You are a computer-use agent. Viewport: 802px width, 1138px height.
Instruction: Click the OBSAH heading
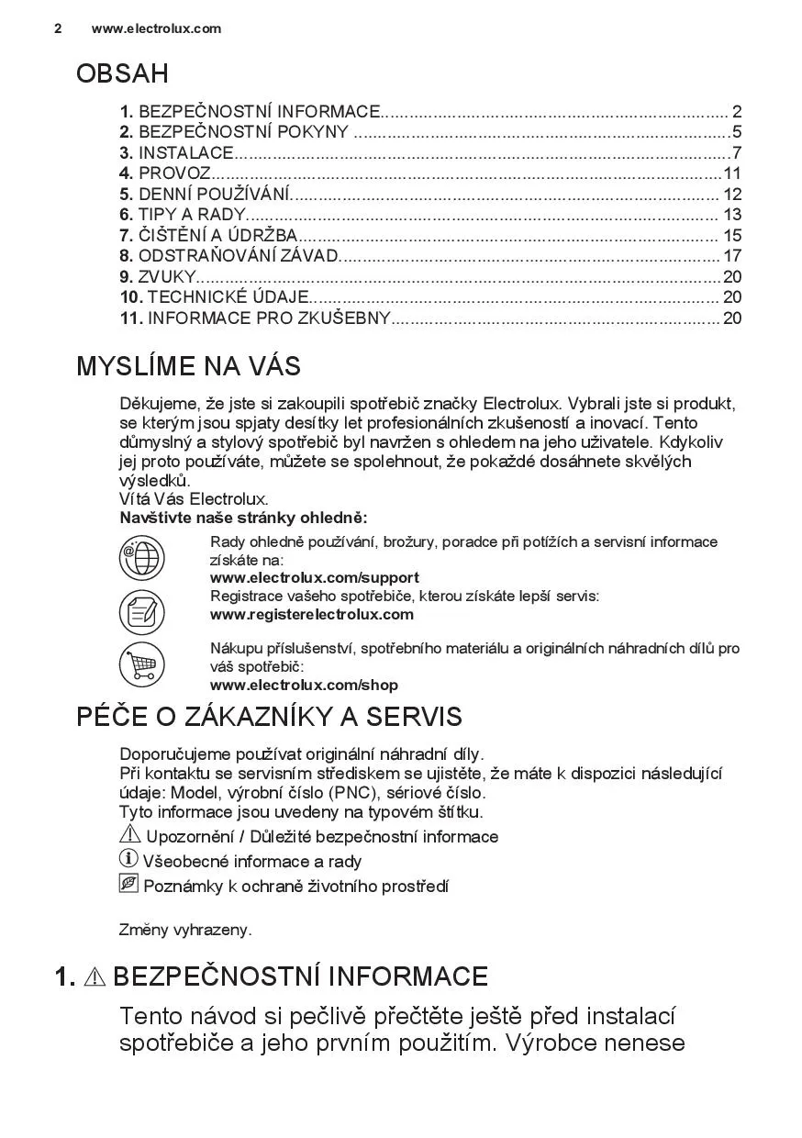tap(122, 73)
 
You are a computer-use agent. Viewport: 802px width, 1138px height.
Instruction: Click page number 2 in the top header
tap(58, 28)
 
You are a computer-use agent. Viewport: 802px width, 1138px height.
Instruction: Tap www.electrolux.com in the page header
tap(156, 28)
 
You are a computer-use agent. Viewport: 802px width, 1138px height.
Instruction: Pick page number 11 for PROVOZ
tap(731, 173)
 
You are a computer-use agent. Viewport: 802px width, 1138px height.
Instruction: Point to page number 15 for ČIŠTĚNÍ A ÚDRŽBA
tap(731, 236)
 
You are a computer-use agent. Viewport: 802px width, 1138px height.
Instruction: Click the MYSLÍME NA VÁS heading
tap(188, 366)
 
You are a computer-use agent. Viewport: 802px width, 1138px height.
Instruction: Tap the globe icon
tap(141, 557)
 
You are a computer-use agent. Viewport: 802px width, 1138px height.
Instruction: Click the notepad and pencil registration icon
tap(141, 611)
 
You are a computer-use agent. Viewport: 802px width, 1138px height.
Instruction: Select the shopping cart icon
tap(141, 664)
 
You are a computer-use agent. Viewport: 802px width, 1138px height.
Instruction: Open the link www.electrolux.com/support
tap(314, 578)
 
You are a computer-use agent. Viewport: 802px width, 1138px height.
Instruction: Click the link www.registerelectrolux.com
tap(311, 614)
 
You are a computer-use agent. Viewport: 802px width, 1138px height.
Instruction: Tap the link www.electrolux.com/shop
tap(304, 685)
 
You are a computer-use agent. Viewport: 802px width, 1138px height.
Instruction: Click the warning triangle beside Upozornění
tap(129, 835)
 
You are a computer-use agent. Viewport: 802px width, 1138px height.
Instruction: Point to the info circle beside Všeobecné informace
tap(128, 859)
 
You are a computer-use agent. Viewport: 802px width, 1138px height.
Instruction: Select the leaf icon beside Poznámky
tap(128, 884)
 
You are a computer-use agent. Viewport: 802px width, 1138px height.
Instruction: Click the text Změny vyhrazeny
tap(185, 930)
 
